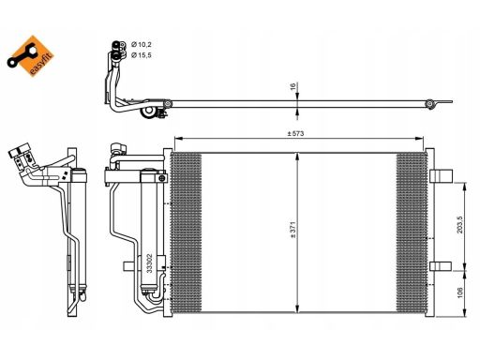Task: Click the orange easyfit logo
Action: tap(31, 56)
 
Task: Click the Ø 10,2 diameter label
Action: tap(142, 45)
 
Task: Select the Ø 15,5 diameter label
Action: tap(142, 55)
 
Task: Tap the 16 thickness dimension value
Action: tap(292, 86)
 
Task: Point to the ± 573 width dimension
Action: tap(295, 134)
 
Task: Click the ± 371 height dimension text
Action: tap(292, 230)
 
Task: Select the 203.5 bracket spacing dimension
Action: tap(460, 225)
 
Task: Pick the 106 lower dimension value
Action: tap(460, 292)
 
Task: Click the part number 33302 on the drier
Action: tap(149, 263)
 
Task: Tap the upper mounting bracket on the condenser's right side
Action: tap(442, 176)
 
